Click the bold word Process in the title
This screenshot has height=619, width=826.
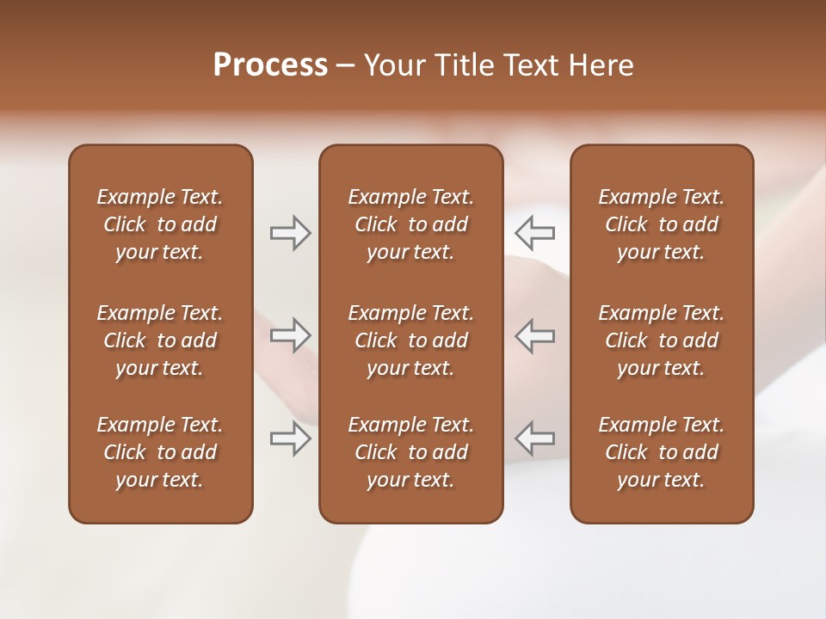pyautogui.click(x=270, y=65)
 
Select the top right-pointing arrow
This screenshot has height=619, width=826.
pyautogui.click(x=290, y=233)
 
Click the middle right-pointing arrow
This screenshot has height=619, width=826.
pyautogui.click(x=290, y=335)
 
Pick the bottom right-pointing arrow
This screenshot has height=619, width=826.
pyautogui.click(x=290, y=438)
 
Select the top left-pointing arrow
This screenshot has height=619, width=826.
pyautogui.click(x=535, y=233)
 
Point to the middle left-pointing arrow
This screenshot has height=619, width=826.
pyautogui.click(x=535, y=335)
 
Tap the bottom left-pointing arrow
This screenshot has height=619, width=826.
pyautogui.click(x=535, y=438)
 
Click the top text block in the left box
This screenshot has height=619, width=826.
pyautogui.click(x=160, y=224)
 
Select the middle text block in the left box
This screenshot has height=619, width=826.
pyautogui.click(x=160, y=340)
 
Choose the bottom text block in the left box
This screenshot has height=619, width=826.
pyautogui.click(x=160, y=452)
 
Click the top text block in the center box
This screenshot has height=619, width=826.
pyautogui.click(x=410, y=224)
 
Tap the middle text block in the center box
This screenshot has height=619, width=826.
pyautogui.click(x=410, y=340)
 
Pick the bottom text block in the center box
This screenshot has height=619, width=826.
pyautogui.click(x=410, y=452)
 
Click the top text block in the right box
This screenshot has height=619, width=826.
pyautogui.click(x=662, y=224)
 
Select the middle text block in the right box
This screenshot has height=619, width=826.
pyautogui.click(x=662, y=340)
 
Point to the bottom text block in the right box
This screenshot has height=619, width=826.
pyautogui.click(x=662, y=452)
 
